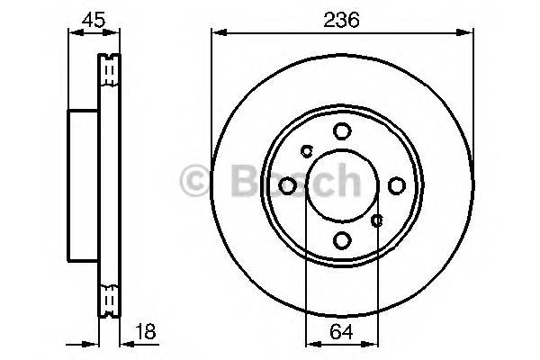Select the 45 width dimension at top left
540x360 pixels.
pyautogui.click(x=91, y=18)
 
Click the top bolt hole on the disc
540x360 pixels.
pyautogui.click(x=341, y=131)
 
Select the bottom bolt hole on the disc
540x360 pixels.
pyautogui.click(x=341, y=240)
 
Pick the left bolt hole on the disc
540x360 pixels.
pyautogui.click(x=287, y=185)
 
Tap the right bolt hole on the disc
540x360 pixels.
pyautogui.click(x=396, y=185)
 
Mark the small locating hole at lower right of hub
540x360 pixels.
pyautogui.click(x=377, y=219)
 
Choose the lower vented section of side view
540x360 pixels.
pyautogui.click(x=109, y=299)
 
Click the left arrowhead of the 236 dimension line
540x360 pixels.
pyautogui.click(x=216, y=32)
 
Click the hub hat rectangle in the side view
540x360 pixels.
pyautogui.click(x=83, y=185)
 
